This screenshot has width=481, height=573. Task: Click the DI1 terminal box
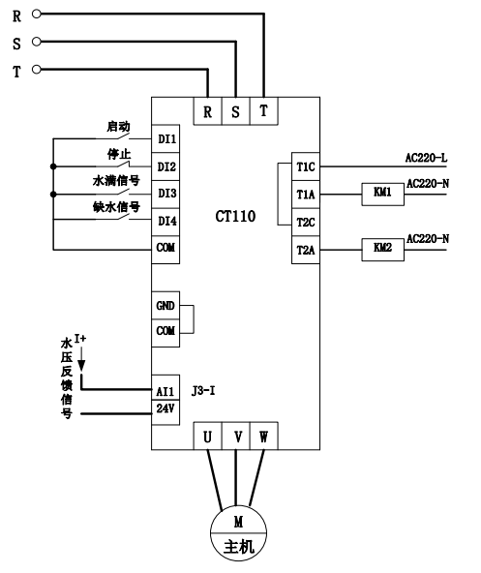(x=165, y=138)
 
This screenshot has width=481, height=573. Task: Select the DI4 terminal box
(x=165, y=222)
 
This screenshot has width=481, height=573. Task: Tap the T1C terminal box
(x=306, y=166)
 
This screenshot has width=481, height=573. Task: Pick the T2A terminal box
(x=306, y=250)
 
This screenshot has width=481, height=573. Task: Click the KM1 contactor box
(x=382, y=194)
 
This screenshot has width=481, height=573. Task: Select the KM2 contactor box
(x=382, y=250)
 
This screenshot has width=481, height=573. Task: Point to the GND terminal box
(x=165, y=306)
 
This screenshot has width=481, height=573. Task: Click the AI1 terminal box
(x=165, y=387)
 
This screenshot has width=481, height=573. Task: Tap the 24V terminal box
(x=165, y=412)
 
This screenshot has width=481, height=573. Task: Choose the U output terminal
(x=208, y=436)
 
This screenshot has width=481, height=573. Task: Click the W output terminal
(x=264, y=436)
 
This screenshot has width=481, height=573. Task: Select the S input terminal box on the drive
(x=236, y=111)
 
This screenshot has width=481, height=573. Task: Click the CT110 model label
(x=235, y=217)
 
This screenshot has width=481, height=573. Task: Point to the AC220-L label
(x=426, y=158)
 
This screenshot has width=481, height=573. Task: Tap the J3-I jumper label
(x=203, y=391)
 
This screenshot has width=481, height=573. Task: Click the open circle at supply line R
(x=36, y=14)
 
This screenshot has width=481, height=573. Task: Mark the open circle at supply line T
(x=36, y=69)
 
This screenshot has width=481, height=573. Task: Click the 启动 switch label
(x=118, y=127)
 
